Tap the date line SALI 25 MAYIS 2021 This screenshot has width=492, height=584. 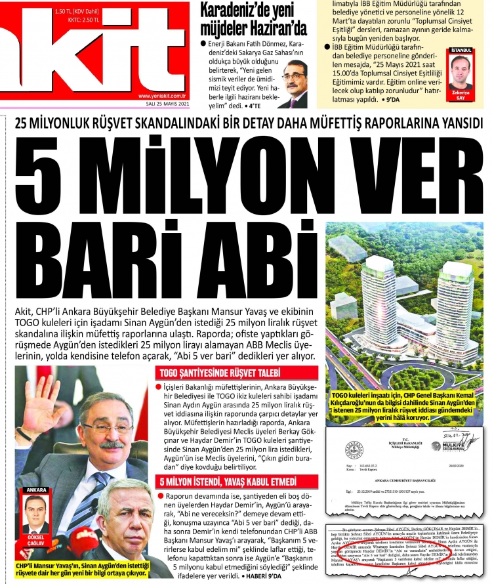coord(167,104)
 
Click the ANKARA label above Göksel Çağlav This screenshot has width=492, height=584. coord(35,490)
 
